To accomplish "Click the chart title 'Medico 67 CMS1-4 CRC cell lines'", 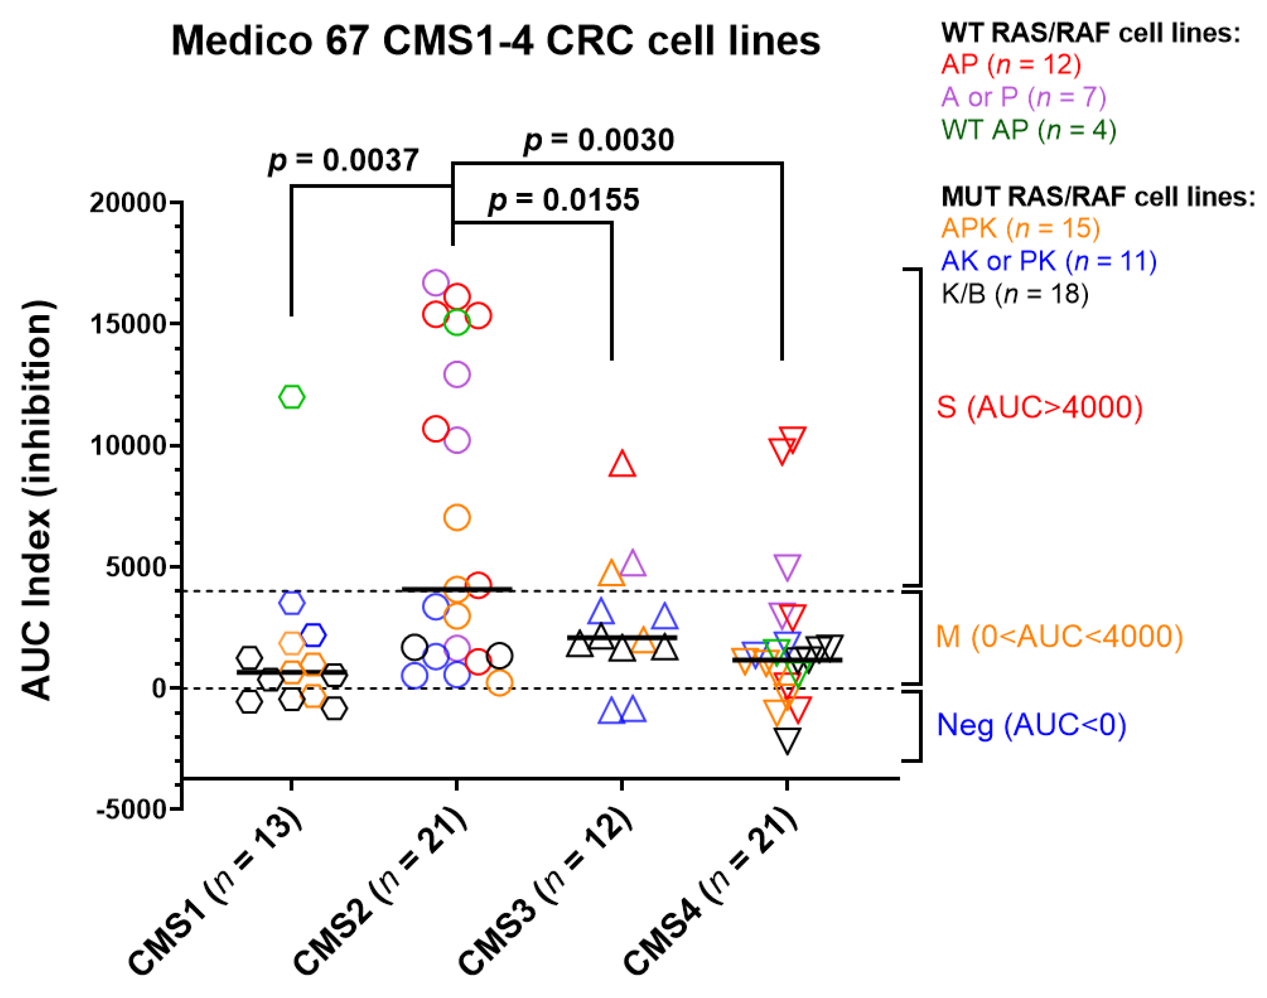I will point(495,41).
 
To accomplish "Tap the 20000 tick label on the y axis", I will point(128,203).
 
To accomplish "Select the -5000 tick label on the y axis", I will point(132,810).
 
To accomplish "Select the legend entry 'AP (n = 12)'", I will point(1011,64).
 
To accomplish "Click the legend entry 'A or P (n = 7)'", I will point(1024,97).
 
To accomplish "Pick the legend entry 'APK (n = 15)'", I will point(1020,228).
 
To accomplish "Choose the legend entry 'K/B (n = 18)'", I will point(1015,293).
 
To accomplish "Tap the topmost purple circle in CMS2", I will point(436,283).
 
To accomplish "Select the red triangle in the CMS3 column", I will point(622,465).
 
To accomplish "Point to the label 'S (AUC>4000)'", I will point(1040,407).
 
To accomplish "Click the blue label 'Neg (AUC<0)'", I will point(1031,725).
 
